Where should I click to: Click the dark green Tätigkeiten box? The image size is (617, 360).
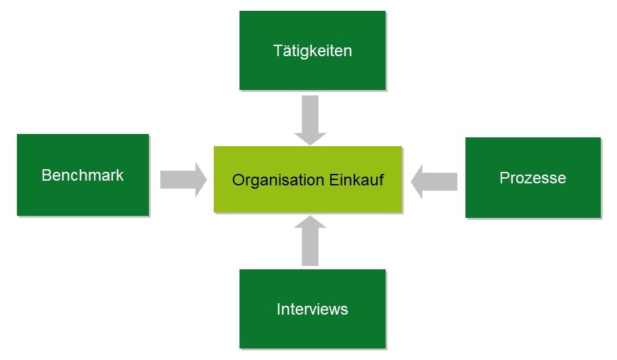point(313,50)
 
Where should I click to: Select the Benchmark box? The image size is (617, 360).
point(83,175)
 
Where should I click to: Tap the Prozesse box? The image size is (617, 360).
point(533,177)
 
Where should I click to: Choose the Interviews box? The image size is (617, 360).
point(313,309)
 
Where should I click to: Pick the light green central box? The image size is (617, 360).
point(308,179)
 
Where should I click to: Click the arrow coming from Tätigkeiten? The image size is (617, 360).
point(310,120)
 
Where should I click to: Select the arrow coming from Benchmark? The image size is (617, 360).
point(183,179)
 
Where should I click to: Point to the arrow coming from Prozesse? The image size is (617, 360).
point(434,181)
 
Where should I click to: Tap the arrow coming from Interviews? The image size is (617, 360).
point(310,240)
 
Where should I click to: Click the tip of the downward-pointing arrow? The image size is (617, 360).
point(310,145)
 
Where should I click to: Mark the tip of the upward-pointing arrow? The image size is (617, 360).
point(310,216)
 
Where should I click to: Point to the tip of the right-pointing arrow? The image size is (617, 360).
point(206,180)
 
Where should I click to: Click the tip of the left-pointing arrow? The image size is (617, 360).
point(411,182)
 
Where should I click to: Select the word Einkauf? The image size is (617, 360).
point(357,179)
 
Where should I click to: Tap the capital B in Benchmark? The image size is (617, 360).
point(47,175)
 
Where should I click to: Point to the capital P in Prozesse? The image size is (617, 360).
point(505,178)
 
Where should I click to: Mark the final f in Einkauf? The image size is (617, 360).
point(382,179)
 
